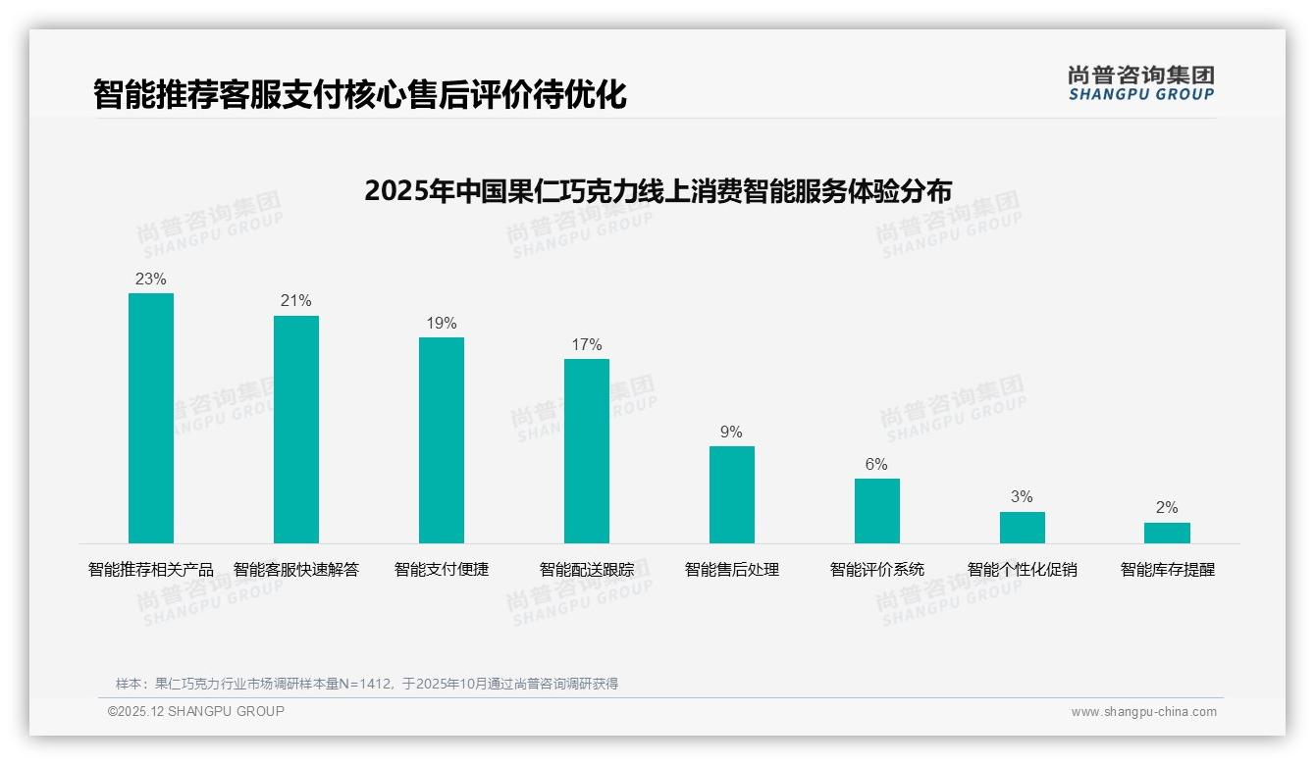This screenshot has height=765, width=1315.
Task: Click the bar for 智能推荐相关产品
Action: pos(151,418)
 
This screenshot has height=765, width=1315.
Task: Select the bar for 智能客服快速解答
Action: pos(296,429)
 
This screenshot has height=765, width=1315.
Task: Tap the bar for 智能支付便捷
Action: pos(442,439)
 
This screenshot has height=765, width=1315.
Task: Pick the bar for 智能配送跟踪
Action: pos(587,450)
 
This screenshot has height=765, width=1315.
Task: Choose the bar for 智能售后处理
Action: pos(732,494)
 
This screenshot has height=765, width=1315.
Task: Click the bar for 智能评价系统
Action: pos(877,510)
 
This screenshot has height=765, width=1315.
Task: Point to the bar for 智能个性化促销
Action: pos(1023,527)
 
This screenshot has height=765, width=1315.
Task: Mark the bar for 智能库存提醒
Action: pos(1167,533)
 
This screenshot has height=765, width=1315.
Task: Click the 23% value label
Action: pos(151,279)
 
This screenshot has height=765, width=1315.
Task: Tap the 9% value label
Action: pos(732,432)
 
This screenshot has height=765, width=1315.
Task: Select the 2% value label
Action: pos(1167,507)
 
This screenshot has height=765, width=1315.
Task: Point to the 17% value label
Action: pos(587,344)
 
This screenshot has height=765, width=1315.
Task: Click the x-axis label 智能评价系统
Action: pos(877,569)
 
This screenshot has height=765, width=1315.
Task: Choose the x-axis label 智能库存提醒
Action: pos(1168,569)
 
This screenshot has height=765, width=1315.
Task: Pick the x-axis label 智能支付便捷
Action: pos(442,569)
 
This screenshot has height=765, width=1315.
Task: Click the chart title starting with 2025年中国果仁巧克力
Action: pos(657,189)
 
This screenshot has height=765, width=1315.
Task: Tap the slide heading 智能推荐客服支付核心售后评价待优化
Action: pos(359,94)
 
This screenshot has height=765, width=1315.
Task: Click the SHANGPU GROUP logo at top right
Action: pos(1141,83)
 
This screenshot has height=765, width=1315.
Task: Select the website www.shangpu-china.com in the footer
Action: pos(1143,712)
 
